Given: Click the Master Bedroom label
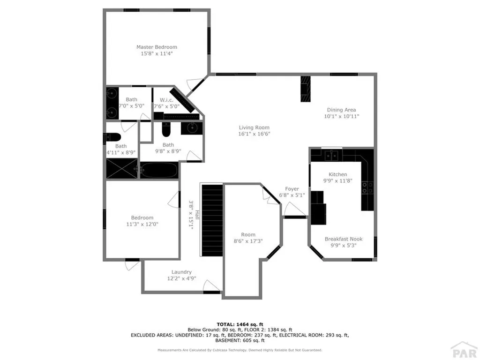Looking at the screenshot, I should (x=157, y=47).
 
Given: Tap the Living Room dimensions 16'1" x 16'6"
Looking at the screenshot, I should (x=254, y=134).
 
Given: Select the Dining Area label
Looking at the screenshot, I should (x=341, y=110).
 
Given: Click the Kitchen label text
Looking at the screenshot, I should (x=337, y=174).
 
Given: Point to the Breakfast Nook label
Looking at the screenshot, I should (x=344, y=239).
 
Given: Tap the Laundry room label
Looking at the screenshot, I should (x=181, y=272).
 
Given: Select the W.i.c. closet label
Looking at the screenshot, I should (x=167, y=99).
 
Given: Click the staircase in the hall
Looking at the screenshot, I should (x=212, y=220).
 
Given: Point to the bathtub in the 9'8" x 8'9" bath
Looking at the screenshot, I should (x=159, y=170).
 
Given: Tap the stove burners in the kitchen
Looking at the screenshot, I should (x=367, y=187).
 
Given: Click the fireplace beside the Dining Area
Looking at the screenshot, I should (x=305, y=89).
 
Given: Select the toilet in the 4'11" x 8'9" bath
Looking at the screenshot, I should (x=113, y=137).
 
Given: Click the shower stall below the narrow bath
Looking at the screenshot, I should (x=122, y=169).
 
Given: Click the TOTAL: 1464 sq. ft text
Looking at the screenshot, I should (x=240, y=324).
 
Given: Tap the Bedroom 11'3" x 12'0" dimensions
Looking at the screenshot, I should (x=142, y=224).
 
